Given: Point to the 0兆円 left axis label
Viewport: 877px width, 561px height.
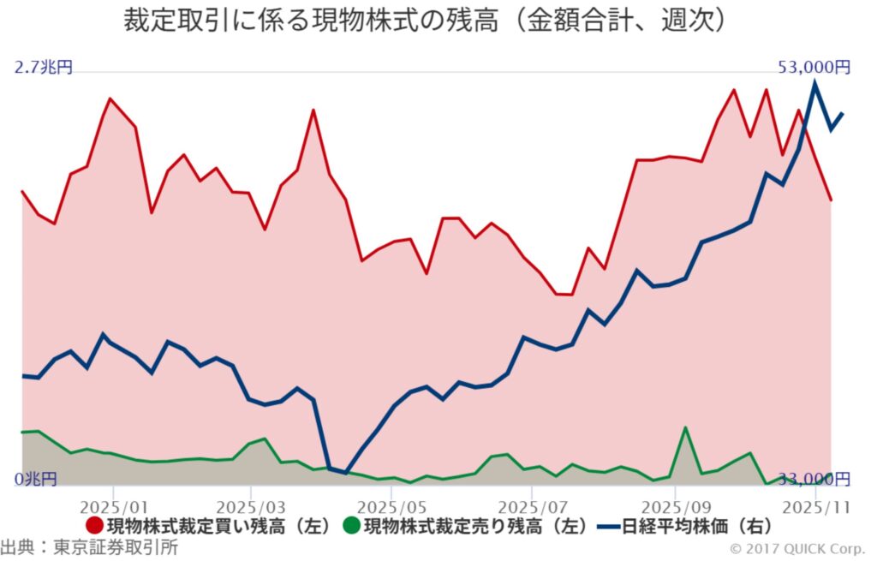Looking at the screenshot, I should coord(36,478).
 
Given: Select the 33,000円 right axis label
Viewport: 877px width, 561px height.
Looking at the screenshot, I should coord(814,478).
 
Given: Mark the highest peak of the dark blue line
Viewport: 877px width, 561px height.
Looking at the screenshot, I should coord(814,82).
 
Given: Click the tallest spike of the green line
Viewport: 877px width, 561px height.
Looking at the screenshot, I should coord(685,427).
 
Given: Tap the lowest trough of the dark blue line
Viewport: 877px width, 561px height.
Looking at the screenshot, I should coord(345,472).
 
